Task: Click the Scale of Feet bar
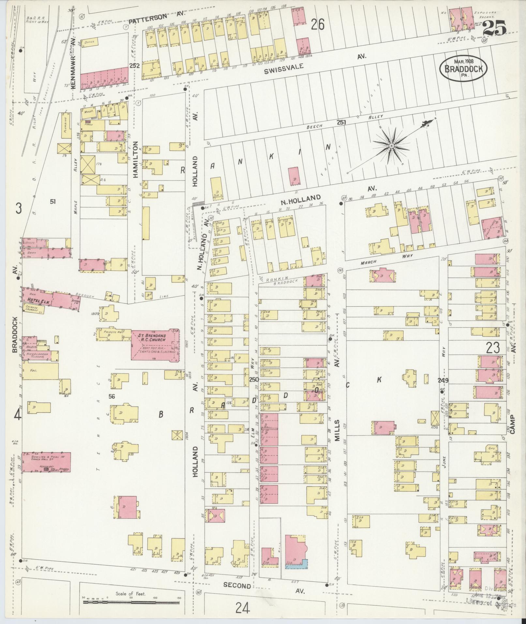point(131,601)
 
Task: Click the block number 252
point(134,66)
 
